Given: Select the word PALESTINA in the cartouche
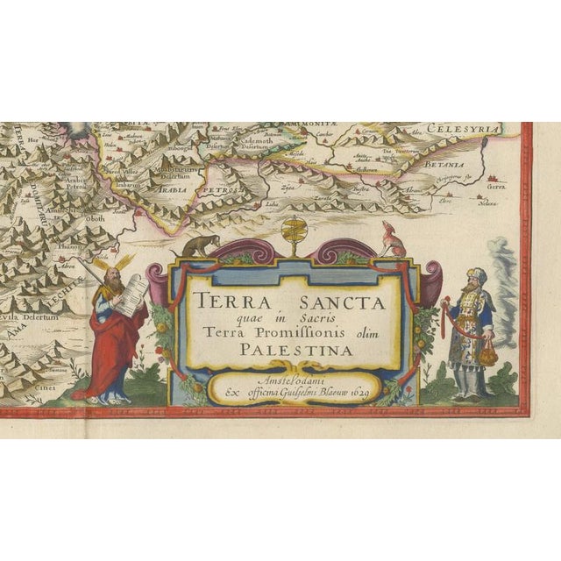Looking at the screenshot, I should [x=292, y=351].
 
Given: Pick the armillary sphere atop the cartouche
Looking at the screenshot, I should [x=294, y=233].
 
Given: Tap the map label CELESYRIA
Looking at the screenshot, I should [x=474, y=130].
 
